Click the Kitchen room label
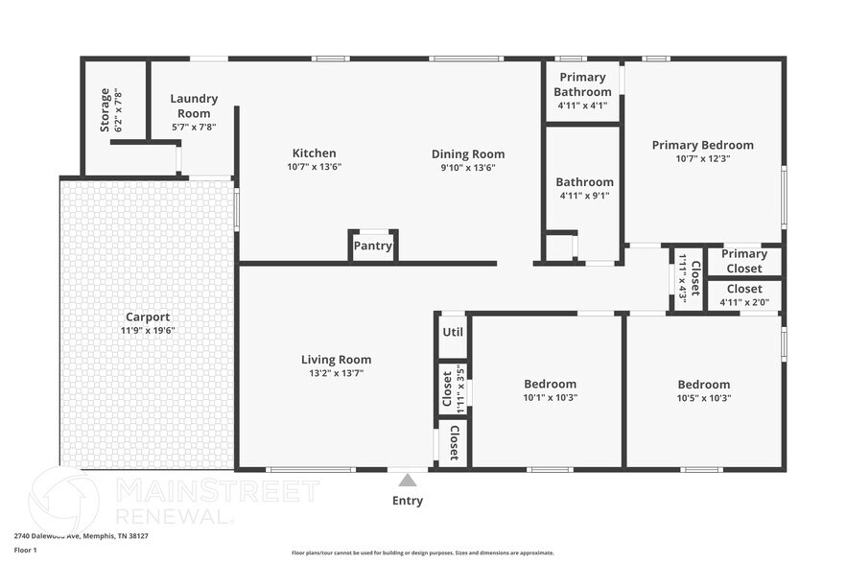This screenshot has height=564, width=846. [x=314, y=153]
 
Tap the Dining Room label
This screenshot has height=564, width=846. [x=467, y=154]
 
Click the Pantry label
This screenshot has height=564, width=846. [x=372, y=246]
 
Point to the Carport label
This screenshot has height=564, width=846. [x=148, y=317]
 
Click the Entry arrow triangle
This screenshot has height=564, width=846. [x=408, y=480]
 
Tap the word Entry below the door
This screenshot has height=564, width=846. [x=408, y=501]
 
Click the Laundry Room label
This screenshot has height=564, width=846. [x=194, y=106]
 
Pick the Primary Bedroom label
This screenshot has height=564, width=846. [x=702, y=146]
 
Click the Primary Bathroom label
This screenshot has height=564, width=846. [x=582, y=84]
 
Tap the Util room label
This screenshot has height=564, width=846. [x=452, y=332]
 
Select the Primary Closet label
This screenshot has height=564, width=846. [x=744, y=261]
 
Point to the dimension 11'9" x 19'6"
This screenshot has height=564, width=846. [x=148, y=330]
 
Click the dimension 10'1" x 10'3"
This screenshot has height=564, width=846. [x=550, y=397]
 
